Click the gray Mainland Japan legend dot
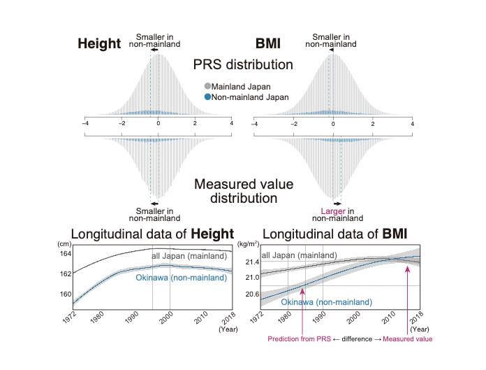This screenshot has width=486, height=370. [x=207, y=87]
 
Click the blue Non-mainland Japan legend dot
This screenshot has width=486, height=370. [x=207, y=98]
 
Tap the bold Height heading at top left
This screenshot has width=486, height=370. [x=99, y=44]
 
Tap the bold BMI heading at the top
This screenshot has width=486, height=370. [x=269, y=44]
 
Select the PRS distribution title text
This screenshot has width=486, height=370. [x=243, y=65]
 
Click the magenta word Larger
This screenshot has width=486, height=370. [x=332, y=211]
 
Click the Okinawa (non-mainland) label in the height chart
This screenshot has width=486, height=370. [x=182, y=278]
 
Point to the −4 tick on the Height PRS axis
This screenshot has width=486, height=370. [x=84, y=124]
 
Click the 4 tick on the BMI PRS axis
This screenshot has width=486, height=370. [x=412, y=124]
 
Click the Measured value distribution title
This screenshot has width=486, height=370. [x=243, y=191]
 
